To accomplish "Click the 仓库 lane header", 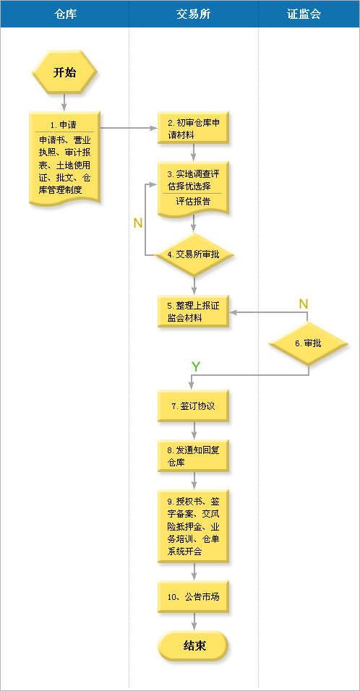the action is coord(65,14).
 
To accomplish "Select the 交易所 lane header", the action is coord(194,14).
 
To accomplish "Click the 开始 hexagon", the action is coord(64,73).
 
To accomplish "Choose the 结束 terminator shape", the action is coord(193,645).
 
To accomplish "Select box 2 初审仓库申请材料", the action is coord(193,128).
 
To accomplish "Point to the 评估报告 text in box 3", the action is coord(193,201).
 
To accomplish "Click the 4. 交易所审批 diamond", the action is coord(193,254).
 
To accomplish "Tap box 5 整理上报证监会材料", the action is coord(193,311).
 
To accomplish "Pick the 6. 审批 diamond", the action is coord(309,344).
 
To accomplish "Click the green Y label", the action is coord(196,366).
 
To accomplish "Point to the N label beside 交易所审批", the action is coord(138,223).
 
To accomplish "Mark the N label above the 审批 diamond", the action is coord(304,304).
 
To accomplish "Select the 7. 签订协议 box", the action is coord(193,406).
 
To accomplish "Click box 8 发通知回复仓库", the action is coord(193,456).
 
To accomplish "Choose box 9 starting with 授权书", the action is coord(193,526).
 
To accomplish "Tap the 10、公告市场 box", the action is coord(193,597).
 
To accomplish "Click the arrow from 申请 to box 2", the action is coord(129,128).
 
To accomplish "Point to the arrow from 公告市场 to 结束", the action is coord(194,622).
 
